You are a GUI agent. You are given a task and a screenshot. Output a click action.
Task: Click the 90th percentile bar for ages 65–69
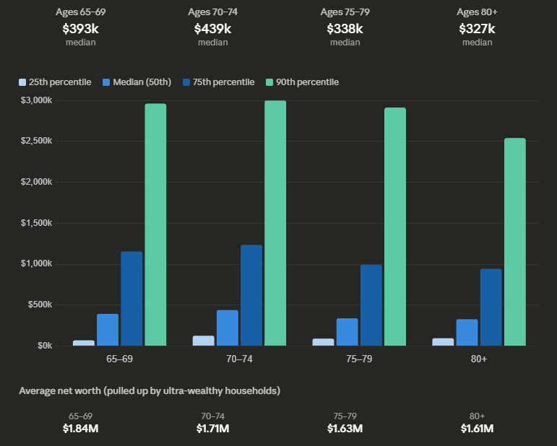point(155,224)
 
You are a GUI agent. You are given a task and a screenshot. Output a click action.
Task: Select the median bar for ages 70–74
point(228,328)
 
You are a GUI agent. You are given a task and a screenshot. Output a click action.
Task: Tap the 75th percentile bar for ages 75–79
point(371,305)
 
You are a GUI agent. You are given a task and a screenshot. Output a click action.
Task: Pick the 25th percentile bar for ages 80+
point(443,341)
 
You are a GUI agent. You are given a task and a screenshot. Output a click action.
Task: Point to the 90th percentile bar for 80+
point(515,242)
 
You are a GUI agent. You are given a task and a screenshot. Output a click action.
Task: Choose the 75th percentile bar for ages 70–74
point(251,295)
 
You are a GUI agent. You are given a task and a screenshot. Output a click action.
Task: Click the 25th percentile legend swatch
point(22,82)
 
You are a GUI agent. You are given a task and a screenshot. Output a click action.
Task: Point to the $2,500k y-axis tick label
point(36,141)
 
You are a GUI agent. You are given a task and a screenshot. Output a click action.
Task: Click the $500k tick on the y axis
point(39,305)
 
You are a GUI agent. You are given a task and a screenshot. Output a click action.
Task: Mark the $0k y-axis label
point(43,346)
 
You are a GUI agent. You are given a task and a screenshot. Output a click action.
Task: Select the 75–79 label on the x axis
point(358,359)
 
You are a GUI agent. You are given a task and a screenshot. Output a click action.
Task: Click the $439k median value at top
point(212,29)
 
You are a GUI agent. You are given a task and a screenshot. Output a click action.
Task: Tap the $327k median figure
point(477,29)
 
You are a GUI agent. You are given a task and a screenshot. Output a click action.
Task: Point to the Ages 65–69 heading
point(81,12)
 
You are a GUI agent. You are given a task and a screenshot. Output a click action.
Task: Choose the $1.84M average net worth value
point(81,429)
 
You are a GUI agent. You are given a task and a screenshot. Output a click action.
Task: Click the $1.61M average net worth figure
point(477,429)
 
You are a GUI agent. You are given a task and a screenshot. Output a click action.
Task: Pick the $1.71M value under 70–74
point(212,429)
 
